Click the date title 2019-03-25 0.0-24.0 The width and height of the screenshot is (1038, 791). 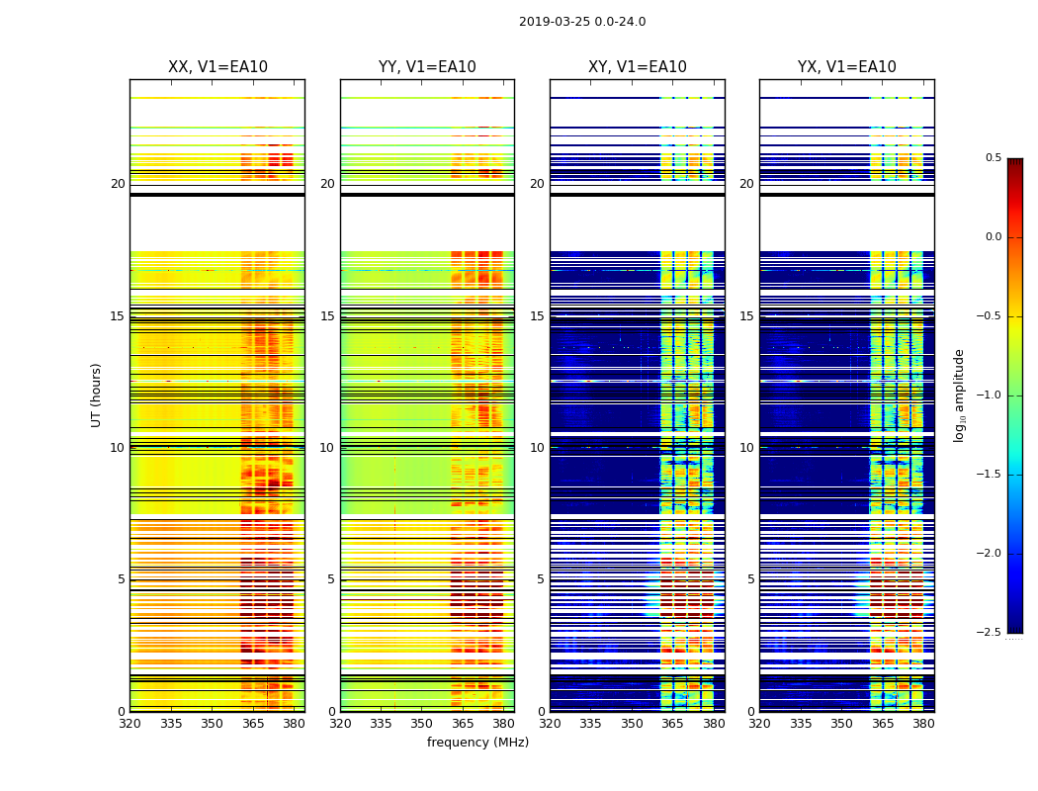point(582,22)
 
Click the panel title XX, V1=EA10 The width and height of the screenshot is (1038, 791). point(217,67)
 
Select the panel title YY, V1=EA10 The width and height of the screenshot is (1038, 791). point(427,67)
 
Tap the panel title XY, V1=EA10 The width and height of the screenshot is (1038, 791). point(638,67)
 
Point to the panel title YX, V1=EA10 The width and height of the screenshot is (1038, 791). point(847,67)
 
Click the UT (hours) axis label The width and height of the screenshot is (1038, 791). point(97,395)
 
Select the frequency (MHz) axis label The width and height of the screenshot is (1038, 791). point(477,743)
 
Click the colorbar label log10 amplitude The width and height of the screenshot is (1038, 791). point(959,395)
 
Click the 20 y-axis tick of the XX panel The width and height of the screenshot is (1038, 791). point(118,184)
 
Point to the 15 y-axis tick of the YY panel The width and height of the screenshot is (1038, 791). point(327,316)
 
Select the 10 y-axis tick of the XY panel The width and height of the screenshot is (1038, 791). point(537,448)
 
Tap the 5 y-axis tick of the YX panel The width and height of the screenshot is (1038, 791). point(750,579)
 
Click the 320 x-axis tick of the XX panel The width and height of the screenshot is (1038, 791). point(130,724)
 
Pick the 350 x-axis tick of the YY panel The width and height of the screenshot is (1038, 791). point(422,724)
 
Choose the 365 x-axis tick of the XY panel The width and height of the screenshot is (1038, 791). point(672,724)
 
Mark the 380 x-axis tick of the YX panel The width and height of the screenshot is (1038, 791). point(923,724)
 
